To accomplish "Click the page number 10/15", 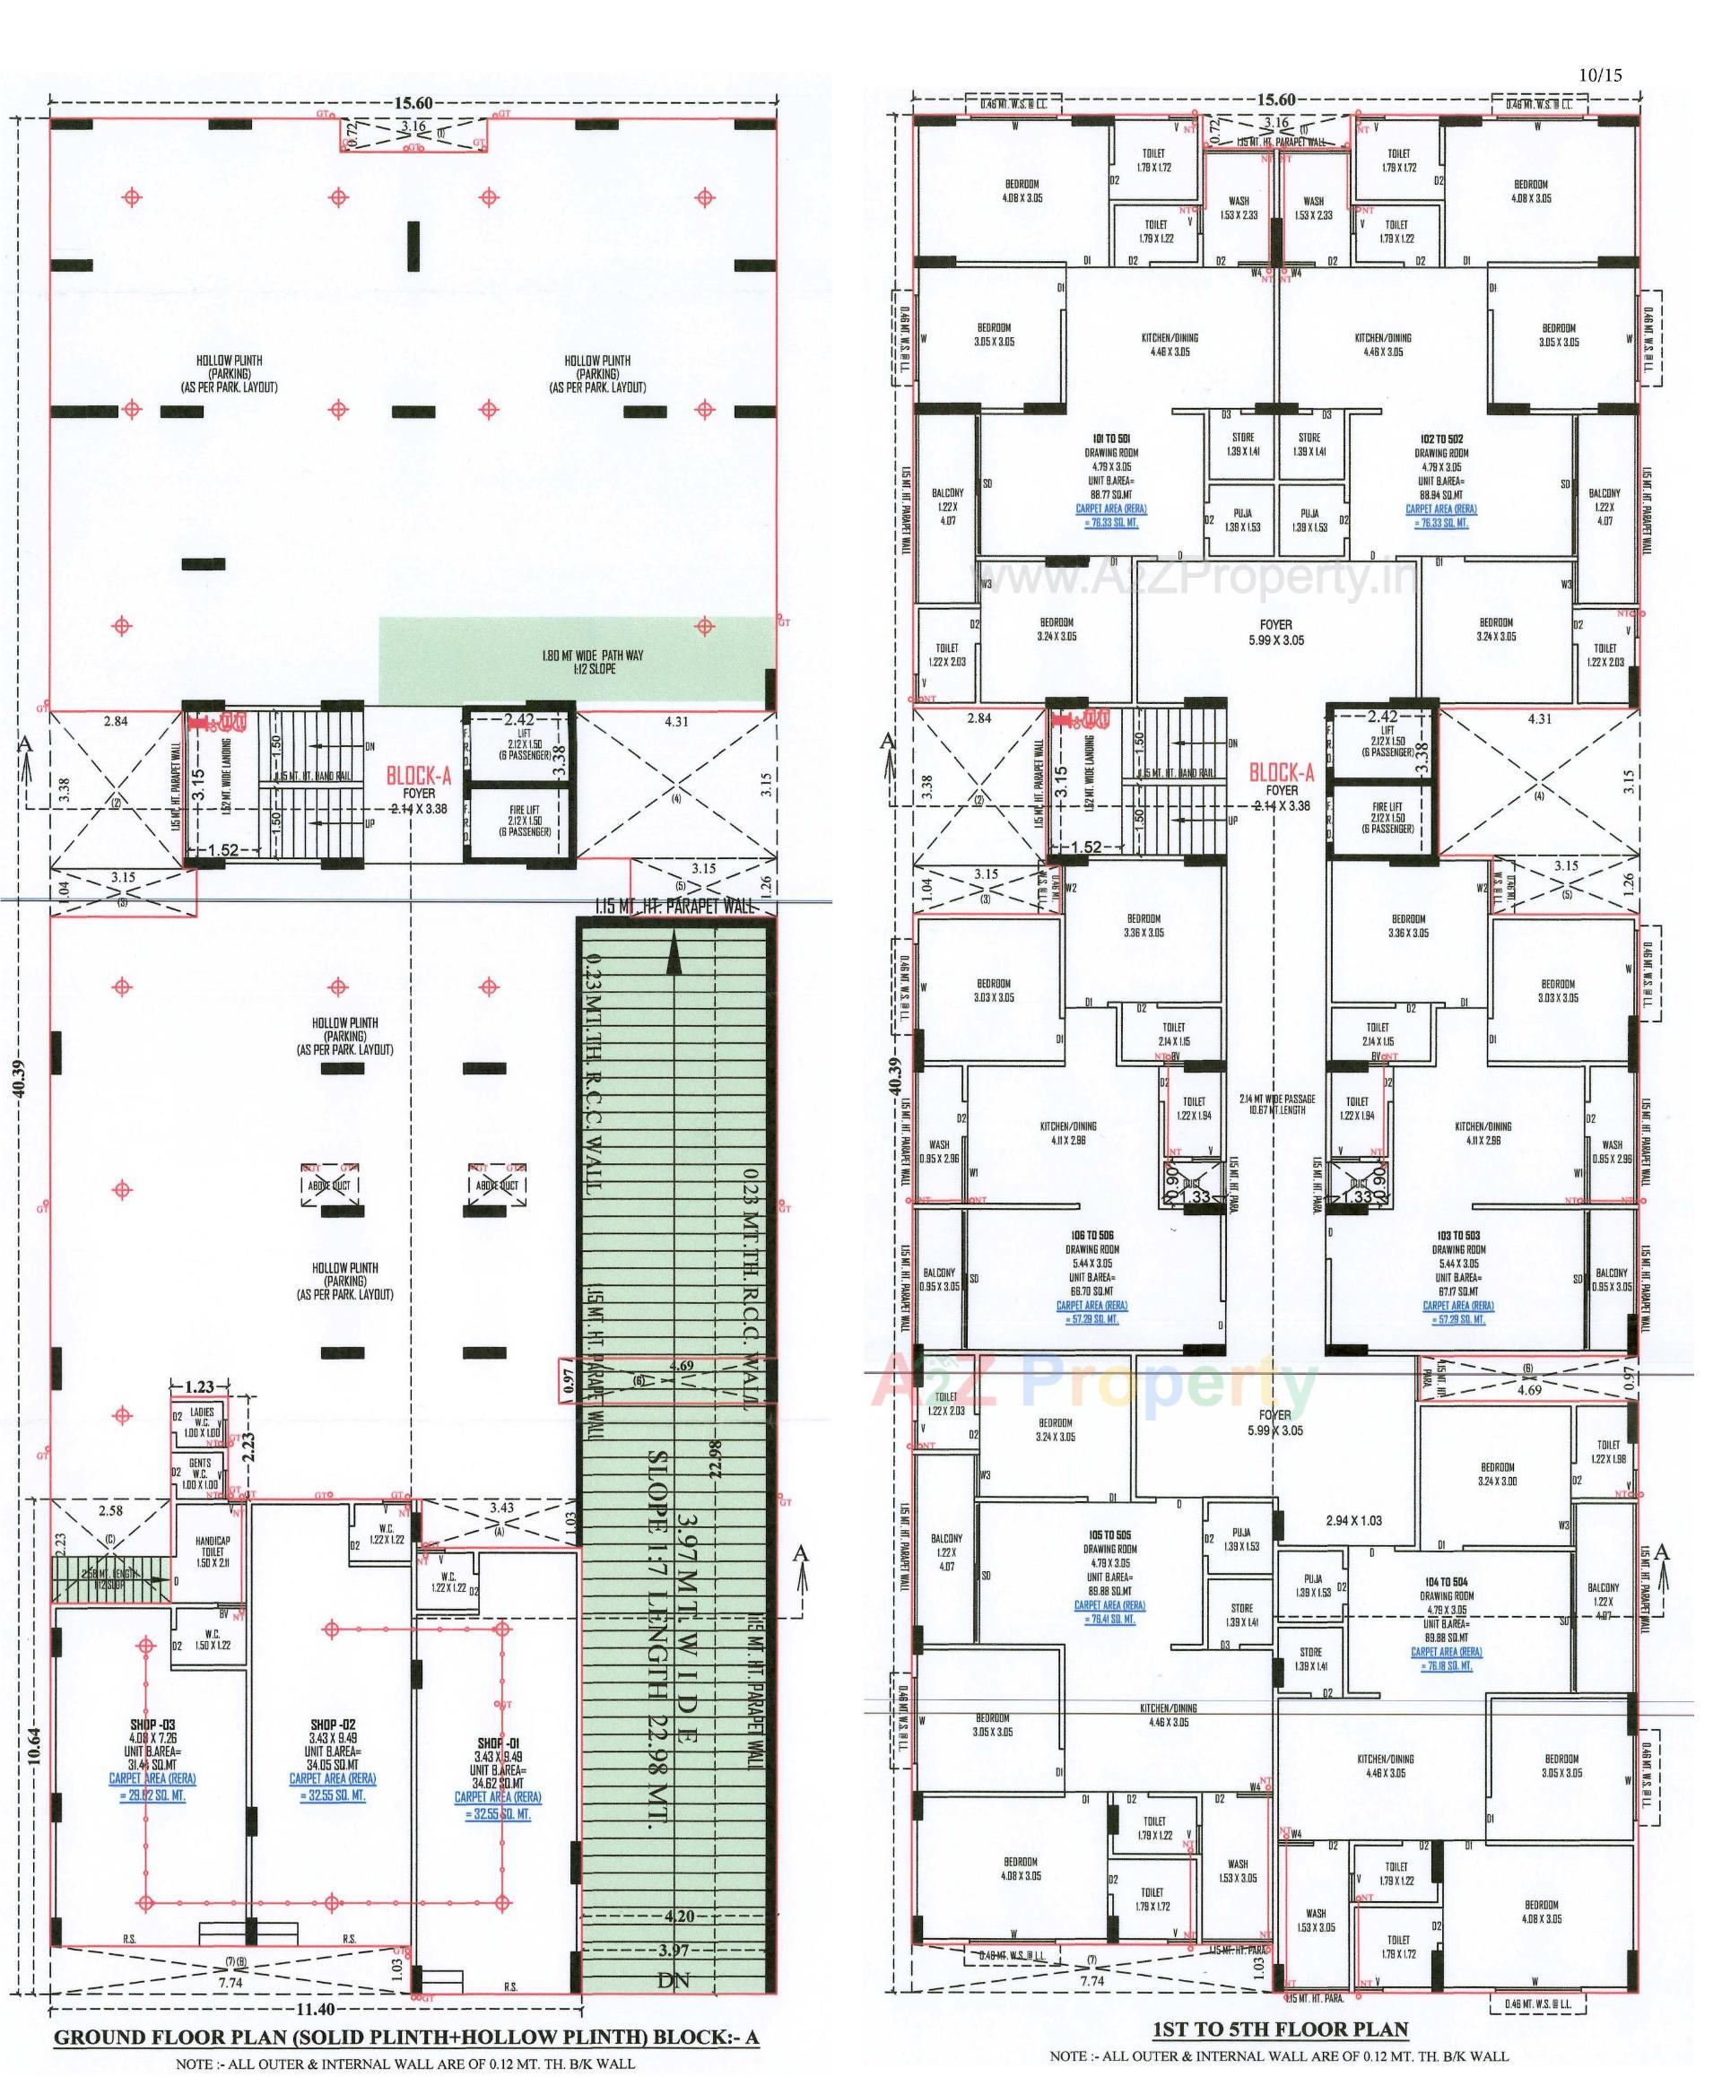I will pyautogui.click(x=1600, y=74).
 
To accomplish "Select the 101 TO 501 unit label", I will pyautogui.click(x=1109, y=439).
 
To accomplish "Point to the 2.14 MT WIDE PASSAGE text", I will pyautogui.click(x=1276, y=1098).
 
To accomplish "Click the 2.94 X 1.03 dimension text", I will pyautogui.click(x=1354, y=1520).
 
